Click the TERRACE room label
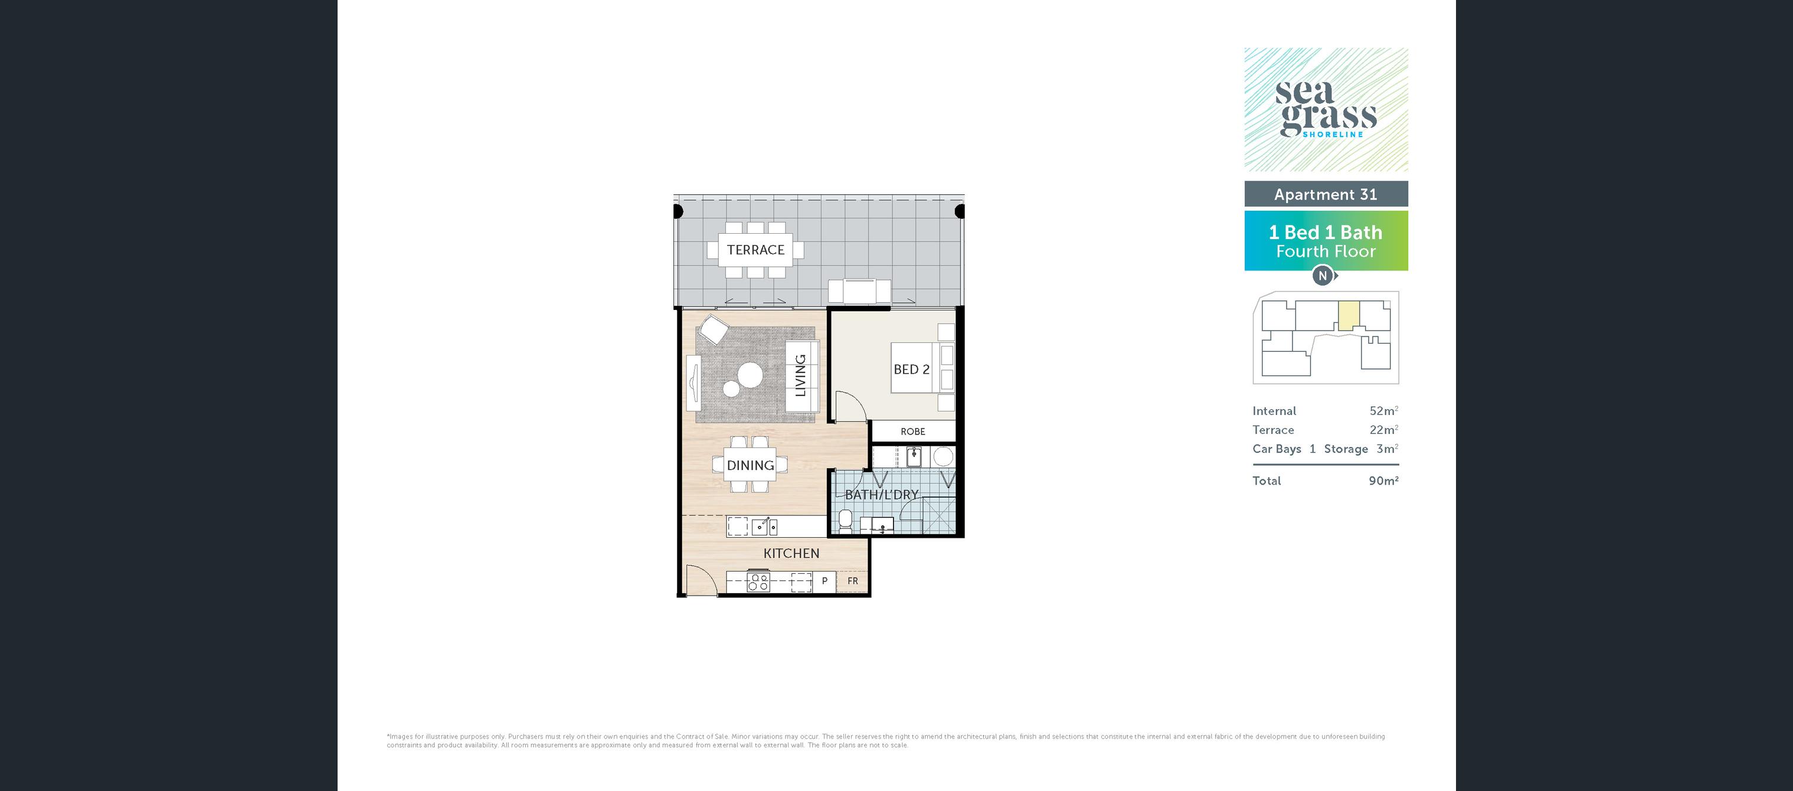click(755, 250)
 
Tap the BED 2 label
click(911, 370)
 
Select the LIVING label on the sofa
click(800, 375)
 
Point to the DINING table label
click(750, 465)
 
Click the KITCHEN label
click(791, 554)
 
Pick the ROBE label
click(912, 432)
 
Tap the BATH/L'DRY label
click(882, 495)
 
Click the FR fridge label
click(853, 581)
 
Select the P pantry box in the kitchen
click(825, 581)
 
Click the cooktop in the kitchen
click(758, 581)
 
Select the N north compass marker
click(1323, 276)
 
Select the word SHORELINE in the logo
click(1333, 135)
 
